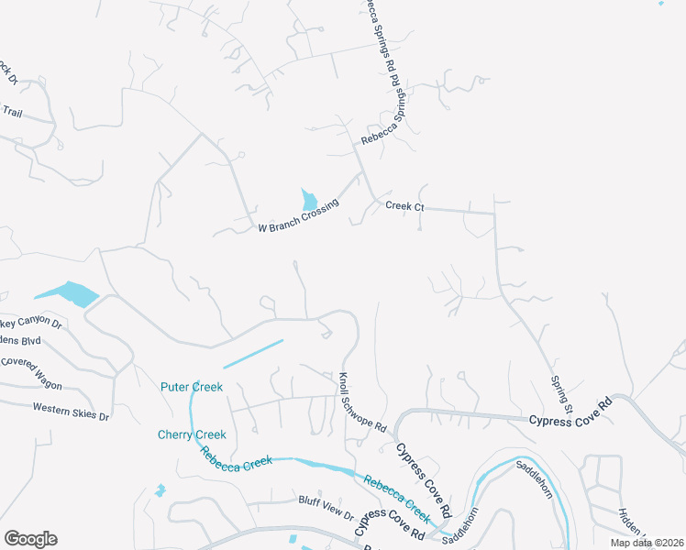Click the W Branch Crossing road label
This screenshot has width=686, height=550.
tap(298, 221)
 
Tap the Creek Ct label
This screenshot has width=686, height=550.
tap(404, 207)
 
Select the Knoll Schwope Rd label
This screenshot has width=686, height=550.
tap(363, 403)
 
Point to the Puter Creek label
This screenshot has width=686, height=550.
tap(192, 387)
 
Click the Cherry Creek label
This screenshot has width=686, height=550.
tap(192, 434)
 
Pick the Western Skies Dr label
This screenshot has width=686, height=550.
tap(71, 412)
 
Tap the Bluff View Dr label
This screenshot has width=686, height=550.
tap(326, 501)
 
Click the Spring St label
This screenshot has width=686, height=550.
tap(561, 393)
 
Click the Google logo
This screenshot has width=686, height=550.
tap(30, 539)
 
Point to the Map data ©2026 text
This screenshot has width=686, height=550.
tap(645, 543)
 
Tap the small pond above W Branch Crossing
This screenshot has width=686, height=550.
tap(309, 199)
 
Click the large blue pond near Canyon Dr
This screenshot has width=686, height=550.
tap(70, 293)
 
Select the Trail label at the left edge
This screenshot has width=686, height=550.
tap(12, 112)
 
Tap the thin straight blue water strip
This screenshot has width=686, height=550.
tap(253, 354)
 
